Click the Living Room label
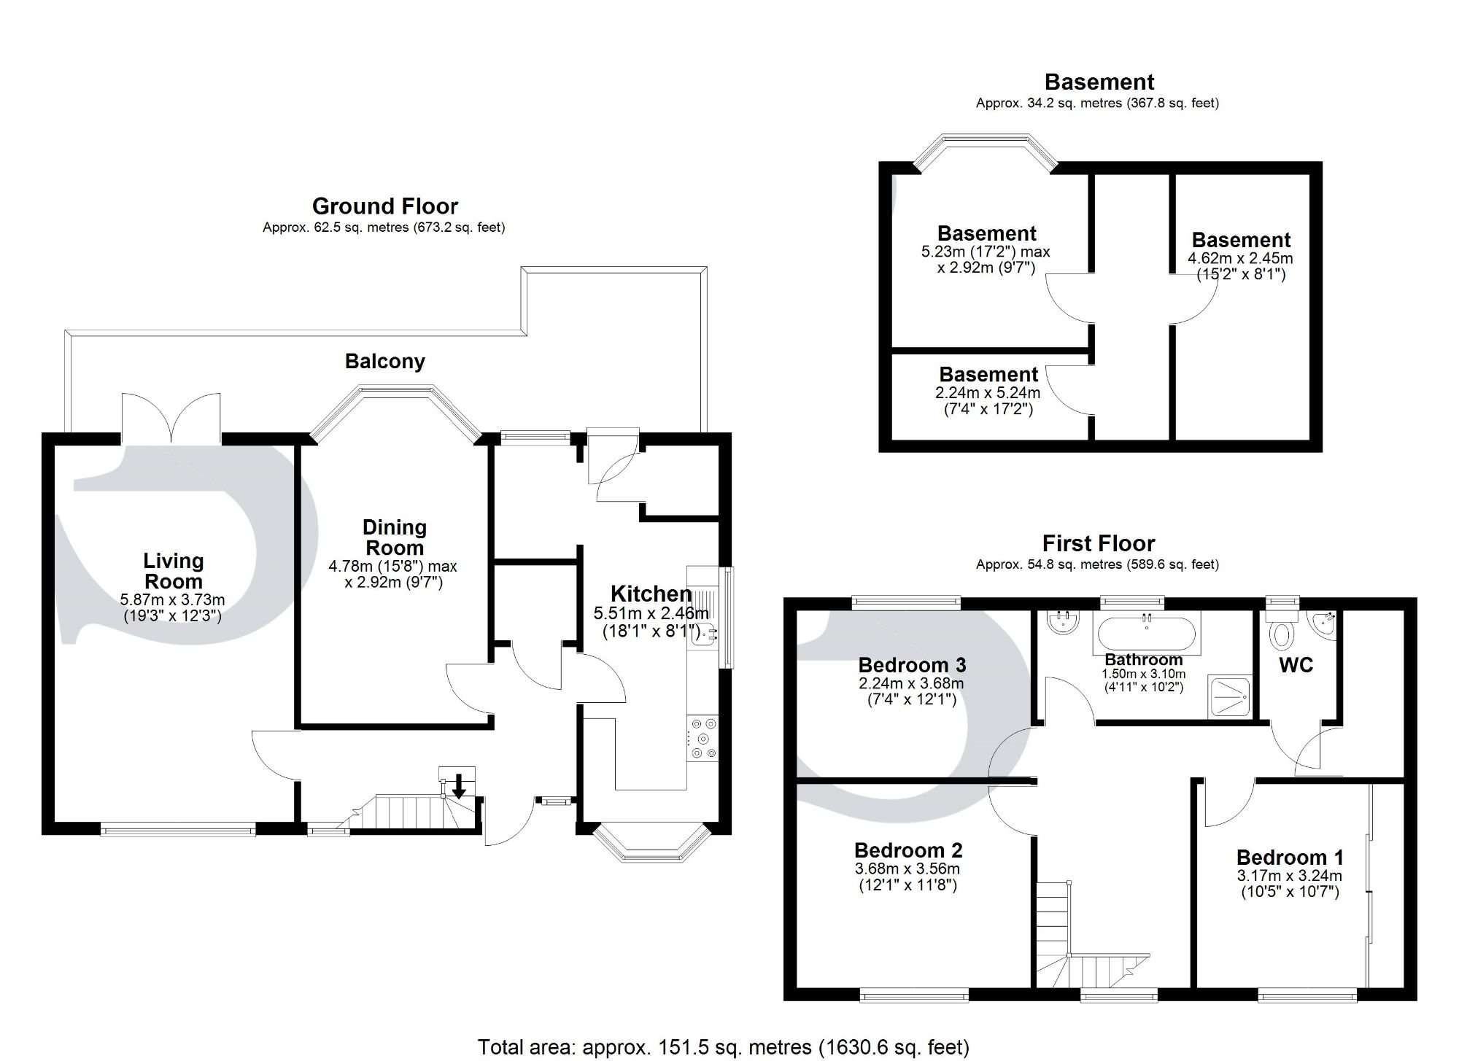pyautogui.click(x=173, y=571)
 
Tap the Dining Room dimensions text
pyautogui.click(x=393, y=575)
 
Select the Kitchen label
pyautogui.click(x=651, y=594)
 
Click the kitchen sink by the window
pyautogui.click(x=704, y=637)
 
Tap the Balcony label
pyautogui.click(x=384, y=362)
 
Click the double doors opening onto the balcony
pyautogui.click(x=171, y=419)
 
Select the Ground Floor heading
pyautogui.click(x=384, y=206)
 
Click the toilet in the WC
pyautogui.click(x=1281, y=633)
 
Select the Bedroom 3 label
pyautogui.click(x=912, y=665)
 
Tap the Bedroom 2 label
pyautogui.click(x=908, y=850)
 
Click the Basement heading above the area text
pyautogui.click(x=1099, y=82)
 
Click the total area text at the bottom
pyautogui.click(x=723, y=1047)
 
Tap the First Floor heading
pyautogui.click(x=1098, y=544)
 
